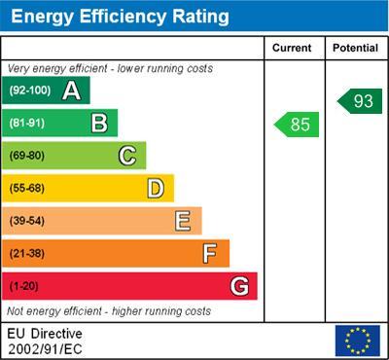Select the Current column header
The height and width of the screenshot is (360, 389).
point(292,48)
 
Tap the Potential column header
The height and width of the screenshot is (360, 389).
point(356,48)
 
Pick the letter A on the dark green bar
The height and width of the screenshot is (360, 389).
point(71,90)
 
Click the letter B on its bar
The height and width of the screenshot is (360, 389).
point(98,123)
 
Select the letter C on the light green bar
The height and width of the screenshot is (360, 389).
point(126,156)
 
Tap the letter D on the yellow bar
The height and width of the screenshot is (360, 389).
point(155,188)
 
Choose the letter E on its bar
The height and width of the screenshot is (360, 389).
point(182,221)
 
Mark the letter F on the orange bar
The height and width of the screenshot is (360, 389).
point(209,253)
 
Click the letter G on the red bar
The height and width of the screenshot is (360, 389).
point(239,286)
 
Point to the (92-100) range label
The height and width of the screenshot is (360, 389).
point(30,91)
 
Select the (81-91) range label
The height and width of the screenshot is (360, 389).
point(28,124)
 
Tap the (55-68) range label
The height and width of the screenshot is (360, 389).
point(28,189)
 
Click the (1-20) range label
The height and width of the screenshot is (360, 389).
point(24,287)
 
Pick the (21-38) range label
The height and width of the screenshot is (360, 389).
point(28,254)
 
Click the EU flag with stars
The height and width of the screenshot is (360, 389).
point(357,341)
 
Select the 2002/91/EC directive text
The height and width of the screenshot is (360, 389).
point(46,347)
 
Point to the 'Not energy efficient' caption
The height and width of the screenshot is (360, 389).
point(109,311)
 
